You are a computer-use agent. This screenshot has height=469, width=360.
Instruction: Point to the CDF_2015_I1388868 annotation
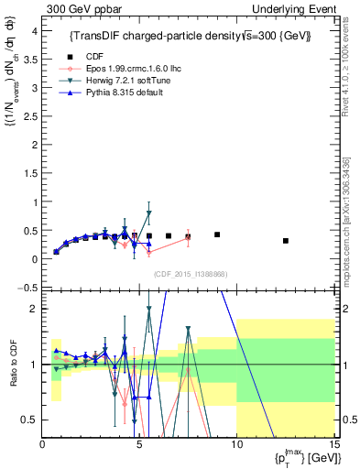[189, 274]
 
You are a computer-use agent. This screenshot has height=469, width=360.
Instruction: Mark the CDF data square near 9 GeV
[217, 234]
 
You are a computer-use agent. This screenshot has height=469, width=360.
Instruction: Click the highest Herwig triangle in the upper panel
[148, 213]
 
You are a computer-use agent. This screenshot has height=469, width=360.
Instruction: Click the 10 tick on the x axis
[236, 446]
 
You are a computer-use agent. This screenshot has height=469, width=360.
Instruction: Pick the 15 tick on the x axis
[333, 446]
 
